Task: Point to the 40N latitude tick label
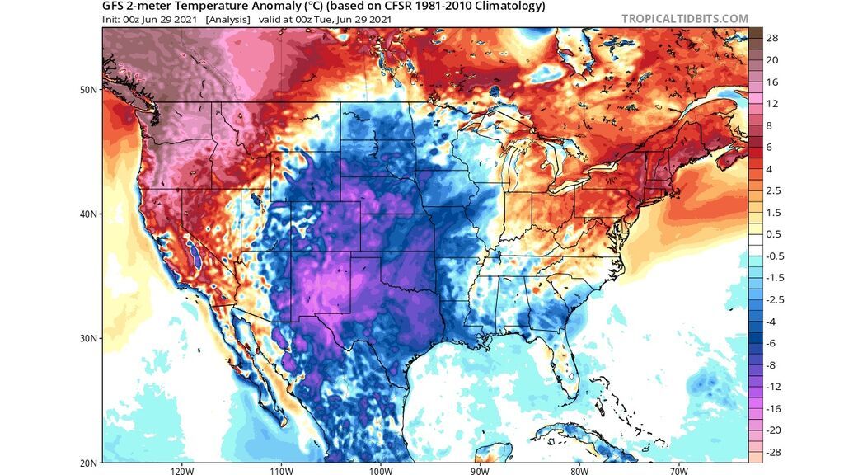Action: point(90,214)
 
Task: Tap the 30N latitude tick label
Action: point(90,338)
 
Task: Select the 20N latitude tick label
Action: point(90,462)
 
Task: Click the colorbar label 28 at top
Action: point(773,39)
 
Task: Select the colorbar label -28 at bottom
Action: point(775,452)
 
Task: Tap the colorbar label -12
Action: point(775,387)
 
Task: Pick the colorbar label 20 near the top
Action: point(773,60)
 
